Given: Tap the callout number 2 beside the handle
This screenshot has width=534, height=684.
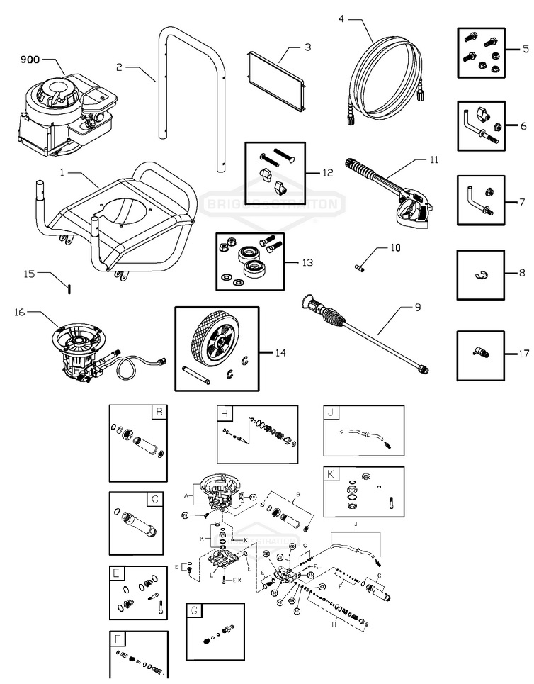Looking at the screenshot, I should pos(120,67).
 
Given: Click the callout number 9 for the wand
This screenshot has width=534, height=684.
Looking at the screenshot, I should pos(418,307).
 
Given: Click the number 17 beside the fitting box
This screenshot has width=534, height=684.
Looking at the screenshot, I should pos(523,353).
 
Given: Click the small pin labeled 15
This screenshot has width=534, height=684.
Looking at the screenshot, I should pos(69,288).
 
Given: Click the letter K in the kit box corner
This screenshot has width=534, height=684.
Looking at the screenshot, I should pos(331,474).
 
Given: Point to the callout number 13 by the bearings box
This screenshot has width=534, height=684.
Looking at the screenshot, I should pos(307,263).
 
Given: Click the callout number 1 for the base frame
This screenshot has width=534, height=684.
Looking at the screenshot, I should pos(63,172).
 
